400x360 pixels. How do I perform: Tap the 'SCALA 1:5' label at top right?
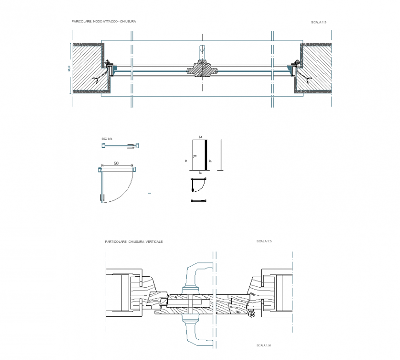pyautogui.click(x=319, y=22)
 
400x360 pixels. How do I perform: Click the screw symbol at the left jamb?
pyautogui.click(x=107, y=62)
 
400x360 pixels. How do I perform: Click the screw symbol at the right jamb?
pyautogui.click(x=297, y=62)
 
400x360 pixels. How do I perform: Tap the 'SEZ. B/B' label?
pyautogui.click(x=107, y=138)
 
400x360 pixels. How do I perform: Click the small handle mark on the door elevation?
pyautogui.click(x=195, y=156)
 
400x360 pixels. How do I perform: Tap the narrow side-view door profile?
pyautogui.click(x=222, y=155)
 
